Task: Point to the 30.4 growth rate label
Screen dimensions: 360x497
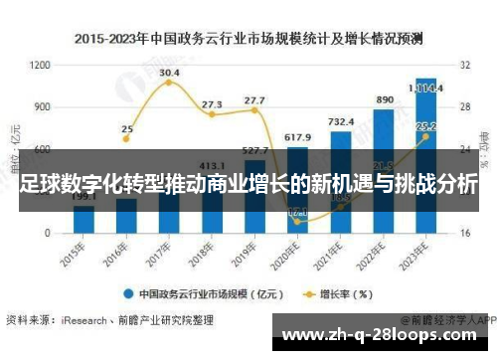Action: pyautogui.click(x=169, y=73)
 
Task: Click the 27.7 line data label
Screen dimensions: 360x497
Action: pyautogui.click(x=254, y=100)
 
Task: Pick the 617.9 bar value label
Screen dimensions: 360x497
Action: pyautogui.click(x=297, y=136)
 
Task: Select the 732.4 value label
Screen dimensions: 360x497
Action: pyautogui.click(x=341, y=120)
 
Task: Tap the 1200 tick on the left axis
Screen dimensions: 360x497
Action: pyautogui.click(x=41, y=65)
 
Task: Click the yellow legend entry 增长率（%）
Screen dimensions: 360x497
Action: pyautogui.click(x=338, y=294)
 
